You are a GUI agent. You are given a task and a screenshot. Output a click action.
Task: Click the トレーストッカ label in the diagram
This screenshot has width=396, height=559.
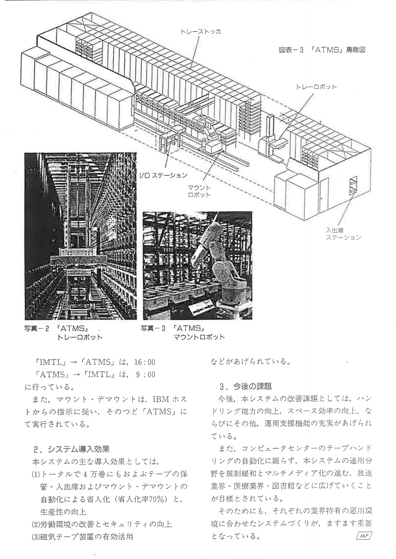(x=201, y=31)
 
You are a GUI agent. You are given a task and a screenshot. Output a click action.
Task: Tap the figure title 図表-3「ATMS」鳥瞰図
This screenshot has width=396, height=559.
(x=322, y=50)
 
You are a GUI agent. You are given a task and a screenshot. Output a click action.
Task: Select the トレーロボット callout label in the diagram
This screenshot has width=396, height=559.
(x=316, y=87)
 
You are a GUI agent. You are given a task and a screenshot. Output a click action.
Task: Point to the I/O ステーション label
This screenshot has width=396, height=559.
(x=164, y=175)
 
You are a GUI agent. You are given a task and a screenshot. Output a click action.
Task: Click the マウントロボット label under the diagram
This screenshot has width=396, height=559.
(x=199, y=191)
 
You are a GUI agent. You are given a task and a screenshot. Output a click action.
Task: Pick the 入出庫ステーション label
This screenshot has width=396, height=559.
(x=343, y=234)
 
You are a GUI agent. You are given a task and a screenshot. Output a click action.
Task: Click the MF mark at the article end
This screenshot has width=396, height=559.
(x=364, y=536)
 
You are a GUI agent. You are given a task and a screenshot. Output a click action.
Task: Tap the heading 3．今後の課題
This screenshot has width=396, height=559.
(x=245, y=386)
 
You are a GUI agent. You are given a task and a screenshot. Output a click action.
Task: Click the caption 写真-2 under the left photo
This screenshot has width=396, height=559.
(x=36, y=328)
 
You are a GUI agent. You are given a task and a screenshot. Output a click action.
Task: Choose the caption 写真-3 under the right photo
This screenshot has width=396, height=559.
(x=153, y=328)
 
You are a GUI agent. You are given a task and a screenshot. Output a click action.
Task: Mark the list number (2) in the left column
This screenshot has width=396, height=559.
(x=35, y=524)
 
